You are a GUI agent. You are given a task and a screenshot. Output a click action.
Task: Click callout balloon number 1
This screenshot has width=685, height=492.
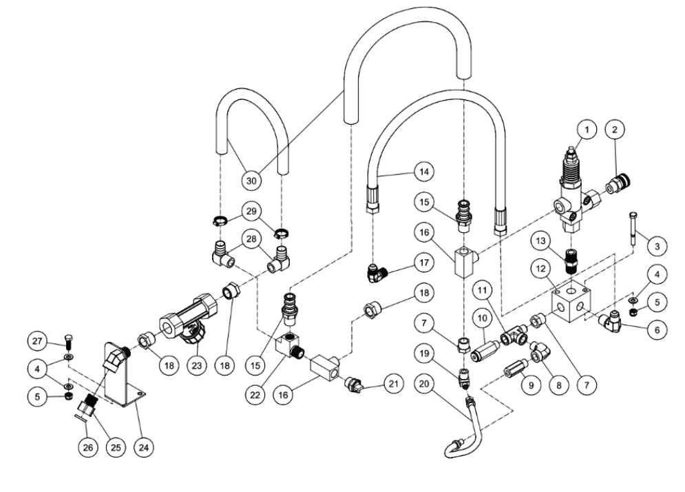(587, 129)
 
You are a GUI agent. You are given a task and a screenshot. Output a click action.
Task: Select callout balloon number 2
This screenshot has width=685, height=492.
(615, 129)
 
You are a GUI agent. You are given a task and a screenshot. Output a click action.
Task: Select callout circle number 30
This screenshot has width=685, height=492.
(253, 181)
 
